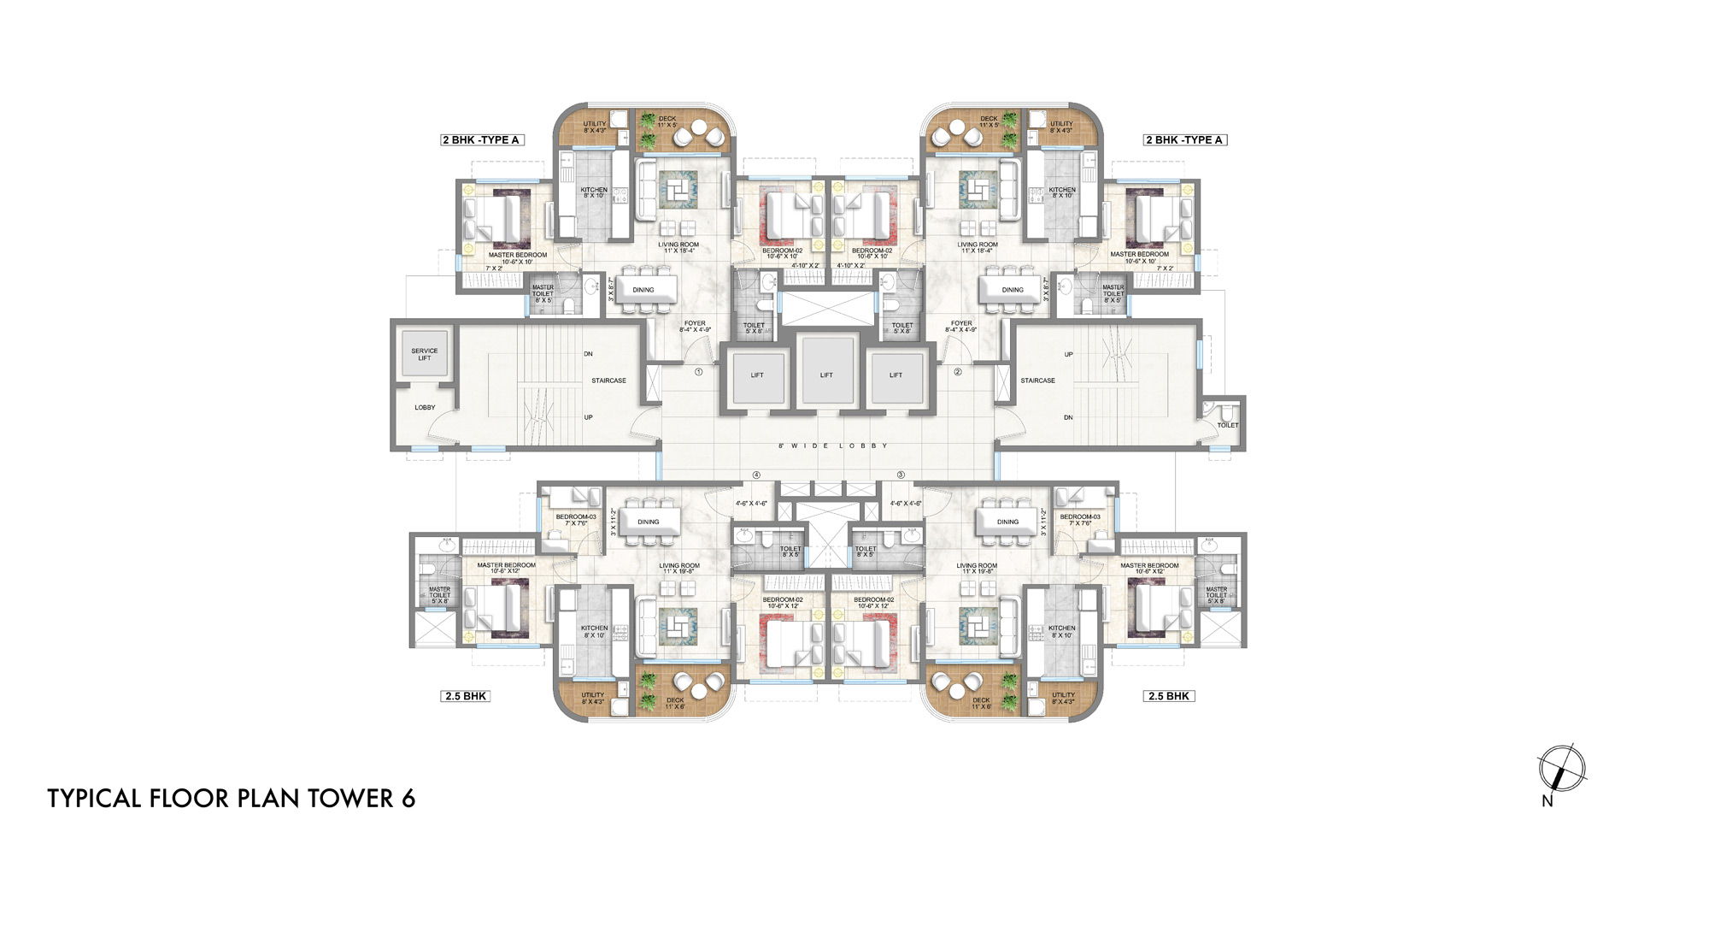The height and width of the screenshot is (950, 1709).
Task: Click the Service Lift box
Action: (x=425, y=354)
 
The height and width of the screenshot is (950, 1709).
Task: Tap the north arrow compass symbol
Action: (x=1560, y=769)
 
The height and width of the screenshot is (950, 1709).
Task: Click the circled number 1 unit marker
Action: (x=698, y=372)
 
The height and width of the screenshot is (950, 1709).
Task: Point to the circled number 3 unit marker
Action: (x=900, y=475)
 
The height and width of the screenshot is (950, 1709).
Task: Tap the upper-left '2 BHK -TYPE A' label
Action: (x=481, y=139)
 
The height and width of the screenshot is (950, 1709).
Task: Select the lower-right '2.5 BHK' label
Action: (x=1168, y=696)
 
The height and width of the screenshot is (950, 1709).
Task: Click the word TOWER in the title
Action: (x=350, y=799)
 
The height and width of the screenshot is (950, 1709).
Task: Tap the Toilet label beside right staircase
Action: (x=1227, y=425)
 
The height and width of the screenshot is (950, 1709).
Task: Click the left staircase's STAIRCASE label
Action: (x=608, y=381)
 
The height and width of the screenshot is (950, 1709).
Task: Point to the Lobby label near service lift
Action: (x=425, y=407)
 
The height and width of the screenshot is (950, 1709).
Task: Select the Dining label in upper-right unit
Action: (x=1013, y=290)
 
